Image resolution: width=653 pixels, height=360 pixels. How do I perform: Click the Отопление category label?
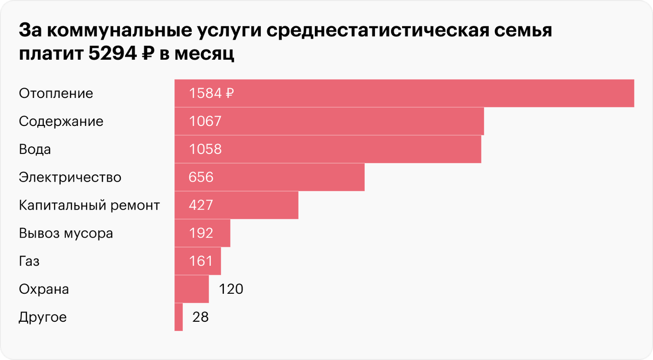point(56,93)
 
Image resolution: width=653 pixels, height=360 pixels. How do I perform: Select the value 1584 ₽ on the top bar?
point(211,93)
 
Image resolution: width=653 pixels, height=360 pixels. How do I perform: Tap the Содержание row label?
point(61,121)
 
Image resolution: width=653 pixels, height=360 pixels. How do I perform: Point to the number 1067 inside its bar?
point(205,121)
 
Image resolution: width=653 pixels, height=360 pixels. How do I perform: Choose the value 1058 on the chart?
point(205,149)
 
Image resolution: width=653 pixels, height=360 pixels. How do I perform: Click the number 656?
point(201,177)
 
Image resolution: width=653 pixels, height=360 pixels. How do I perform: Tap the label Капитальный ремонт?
point(89,205)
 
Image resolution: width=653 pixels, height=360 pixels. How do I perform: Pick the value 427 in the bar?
point(201,205)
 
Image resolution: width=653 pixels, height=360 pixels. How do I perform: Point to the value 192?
point(201,234)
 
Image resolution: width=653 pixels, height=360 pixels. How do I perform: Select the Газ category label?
point(29,262)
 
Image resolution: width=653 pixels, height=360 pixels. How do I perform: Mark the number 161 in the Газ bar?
point(200,262)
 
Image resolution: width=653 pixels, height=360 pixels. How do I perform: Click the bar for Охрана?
point(191,290)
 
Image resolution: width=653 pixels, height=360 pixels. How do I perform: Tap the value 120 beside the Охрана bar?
point(231,290)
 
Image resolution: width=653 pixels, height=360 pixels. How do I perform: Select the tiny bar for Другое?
point(179,317)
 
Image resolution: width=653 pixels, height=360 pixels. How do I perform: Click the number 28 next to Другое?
point(200,317)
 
